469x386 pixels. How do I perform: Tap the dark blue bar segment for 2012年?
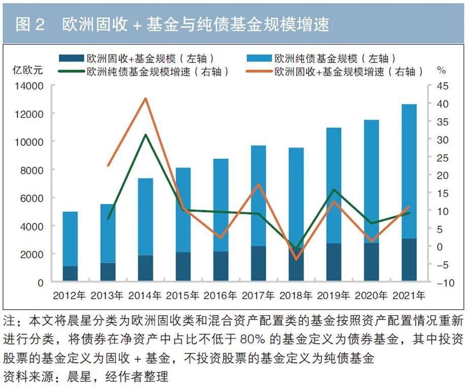(x=70, y=273)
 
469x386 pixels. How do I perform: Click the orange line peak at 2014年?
(x=145, y=99)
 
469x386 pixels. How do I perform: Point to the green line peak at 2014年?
(x=145, y=135)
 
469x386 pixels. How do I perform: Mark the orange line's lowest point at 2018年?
(x=296, y=259)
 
